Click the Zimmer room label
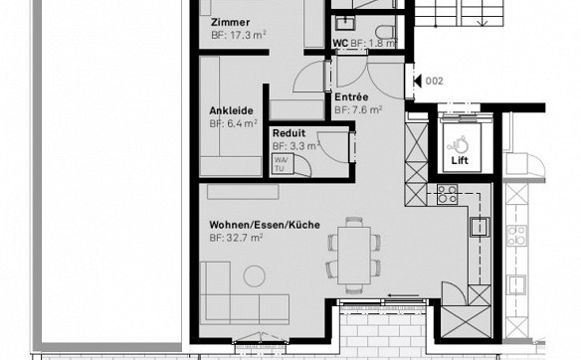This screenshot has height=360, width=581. click(230, 22)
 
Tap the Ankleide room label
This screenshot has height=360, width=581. click(231, 110)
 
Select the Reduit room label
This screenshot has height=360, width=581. click(290, 133)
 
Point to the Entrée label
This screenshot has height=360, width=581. click(351, 97)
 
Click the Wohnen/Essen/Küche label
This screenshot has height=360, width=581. click(265, 225)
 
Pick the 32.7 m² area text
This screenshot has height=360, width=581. click(244, 238)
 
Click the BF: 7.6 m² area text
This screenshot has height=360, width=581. click(358, 110)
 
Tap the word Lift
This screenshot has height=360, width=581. click(460, 160)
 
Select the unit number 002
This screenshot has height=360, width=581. click(435, 81)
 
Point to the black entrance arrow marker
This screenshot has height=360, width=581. click(417, 81)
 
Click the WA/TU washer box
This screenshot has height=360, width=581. click(284, 164)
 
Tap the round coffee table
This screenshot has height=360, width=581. click(255, 275)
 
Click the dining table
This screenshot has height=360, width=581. click(354, 256)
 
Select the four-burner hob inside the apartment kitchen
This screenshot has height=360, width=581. click(447, 194)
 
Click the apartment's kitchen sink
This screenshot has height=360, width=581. click(480, 227)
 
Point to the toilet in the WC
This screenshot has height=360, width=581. click(385, 31)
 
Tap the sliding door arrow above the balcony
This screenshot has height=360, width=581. click(403, 295)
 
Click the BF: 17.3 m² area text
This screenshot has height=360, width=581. click(239, 35)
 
